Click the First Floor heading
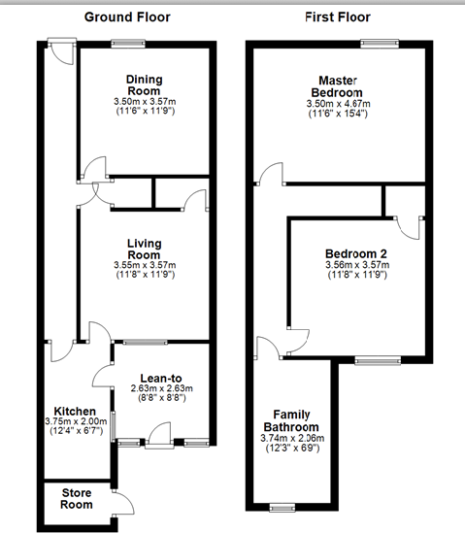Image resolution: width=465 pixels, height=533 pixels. pos(337,17)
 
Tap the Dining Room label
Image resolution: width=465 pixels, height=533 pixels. pos(143,85)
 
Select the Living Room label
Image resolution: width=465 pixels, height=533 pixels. pos(143,250)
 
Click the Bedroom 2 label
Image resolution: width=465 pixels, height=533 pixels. pos(356,253)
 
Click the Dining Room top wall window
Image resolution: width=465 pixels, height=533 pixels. pos(128,43)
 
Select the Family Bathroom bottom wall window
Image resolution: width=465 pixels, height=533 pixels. pos(282,506)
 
